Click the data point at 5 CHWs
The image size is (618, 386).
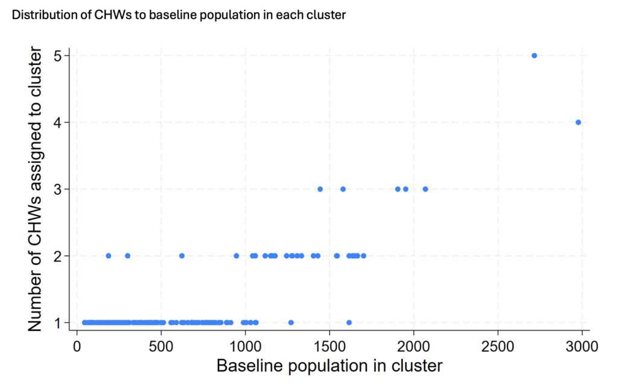pyautogui.click(x=534, y=55)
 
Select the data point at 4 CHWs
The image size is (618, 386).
pyautogui.click(x=578, y=122)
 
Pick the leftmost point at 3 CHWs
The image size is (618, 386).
pyautogui.click(x=320, y=189)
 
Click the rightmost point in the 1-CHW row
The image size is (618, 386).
pyautogui.click(x=349, y=322)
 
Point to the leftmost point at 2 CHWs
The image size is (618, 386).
pyautogui.click(x=109, y=256)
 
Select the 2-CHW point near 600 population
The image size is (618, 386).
pyautogui.click(x=182, y=256)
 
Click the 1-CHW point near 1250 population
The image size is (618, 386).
pyautogui.click(x=291, y=322)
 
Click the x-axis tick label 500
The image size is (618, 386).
pyautogui.click(x=161, y=347)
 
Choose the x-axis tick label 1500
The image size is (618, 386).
pyautogui.click(x=329, y=347)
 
